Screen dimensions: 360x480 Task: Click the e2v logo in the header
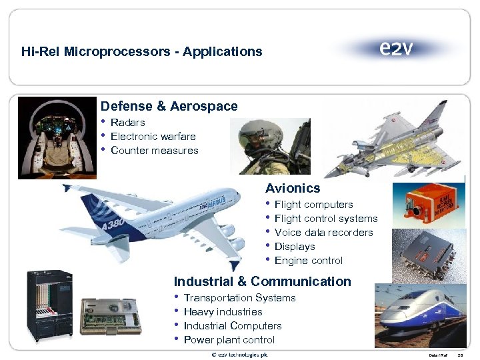click(x=396, y=49)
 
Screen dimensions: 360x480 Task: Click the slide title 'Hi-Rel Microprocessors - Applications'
click(x=141, y=51)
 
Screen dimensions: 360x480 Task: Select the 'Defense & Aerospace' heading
click(x=169, y=107)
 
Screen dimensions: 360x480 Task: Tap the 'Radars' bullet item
click(x=127, y=123)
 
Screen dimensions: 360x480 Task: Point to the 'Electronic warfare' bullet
click(x=153, y=137)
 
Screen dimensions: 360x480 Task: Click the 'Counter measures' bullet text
click(x=154, y=151)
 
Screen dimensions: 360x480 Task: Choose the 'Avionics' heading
click(x=293, y=189)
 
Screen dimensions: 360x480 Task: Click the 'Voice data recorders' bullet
click(x=323, y=233)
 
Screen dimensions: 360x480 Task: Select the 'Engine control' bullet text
click(x=308, y=261)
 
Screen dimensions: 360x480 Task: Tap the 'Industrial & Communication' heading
click(x=262, y=281)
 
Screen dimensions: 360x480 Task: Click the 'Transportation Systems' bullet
click(x=239, y=298)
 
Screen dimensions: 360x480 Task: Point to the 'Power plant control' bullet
click(x=229, y=340)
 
